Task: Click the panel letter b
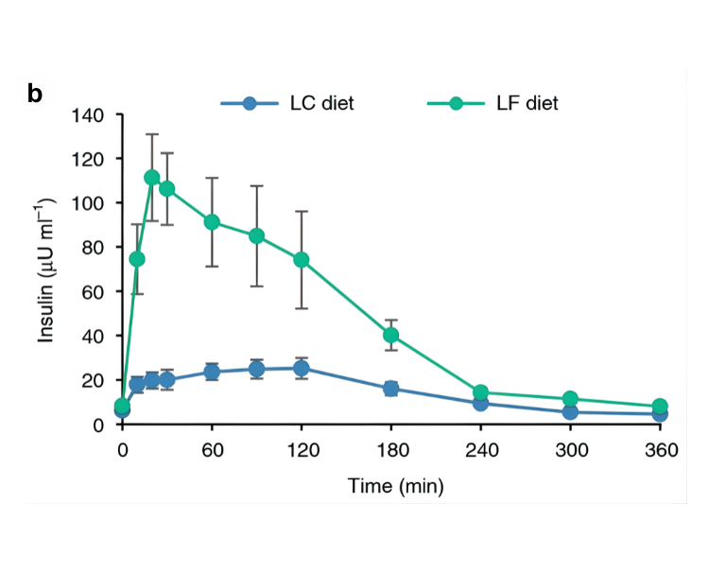[35, 93]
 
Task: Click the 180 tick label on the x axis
[391, 450]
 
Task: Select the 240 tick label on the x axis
[481, 450]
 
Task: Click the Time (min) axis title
[390, 487]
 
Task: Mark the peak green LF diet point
[152, 178]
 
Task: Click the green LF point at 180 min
[391, 335]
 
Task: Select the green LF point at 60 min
[212, 222]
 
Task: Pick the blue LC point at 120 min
[302, 369]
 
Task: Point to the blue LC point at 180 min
[391, 389]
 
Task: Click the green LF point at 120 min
[302, 260]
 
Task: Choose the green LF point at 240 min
[481, 392]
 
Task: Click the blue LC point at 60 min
[212, 372]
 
